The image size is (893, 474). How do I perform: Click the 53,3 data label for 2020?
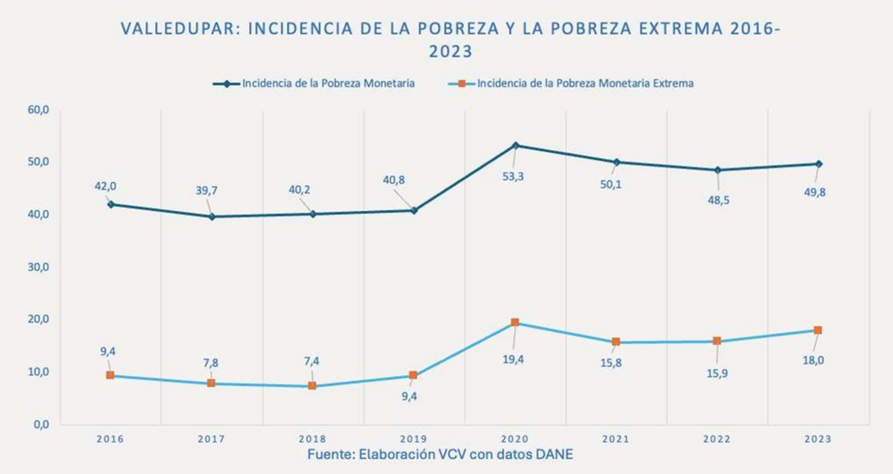514,177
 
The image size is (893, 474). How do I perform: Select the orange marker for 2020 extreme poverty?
515,323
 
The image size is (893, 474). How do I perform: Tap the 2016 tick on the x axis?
110,439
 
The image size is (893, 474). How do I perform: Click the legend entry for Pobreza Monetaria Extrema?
585,84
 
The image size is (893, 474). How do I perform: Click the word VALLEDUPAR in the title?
180,28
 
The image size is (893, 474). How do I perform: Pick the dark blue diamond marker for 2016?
110,204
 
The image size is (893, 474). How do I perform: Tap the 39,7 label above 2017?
211,190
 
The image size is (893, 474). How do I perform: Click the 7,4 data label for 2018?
311,360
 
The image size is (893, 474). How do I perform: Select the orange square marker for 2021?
616,342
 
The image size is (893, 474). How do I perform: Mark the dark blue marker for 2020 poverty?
515,145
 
